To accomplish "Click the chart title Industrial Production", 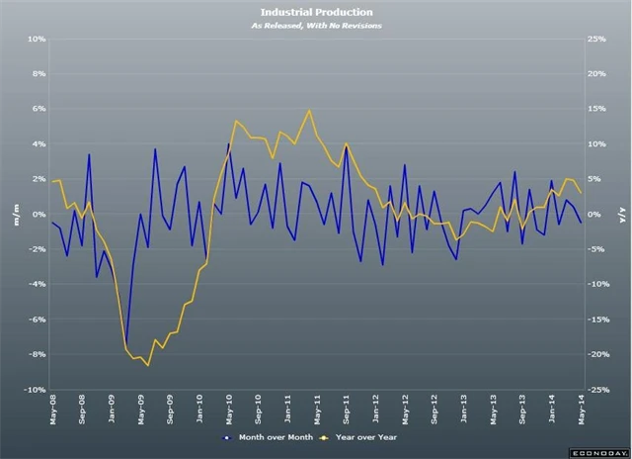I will tap(315, 12).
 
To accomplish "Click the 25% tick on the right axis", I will tap(595, 40).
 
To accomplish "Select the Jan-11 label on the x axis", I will tap(287, 408).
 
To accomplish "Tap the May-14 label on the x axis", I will tap(581, 408).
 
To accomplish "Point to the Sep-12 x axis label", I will tap(434, 408).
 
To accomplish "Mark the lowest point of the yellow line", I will tap(148, 366).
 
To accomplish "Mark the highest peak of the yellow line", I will tap(310, 110).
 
